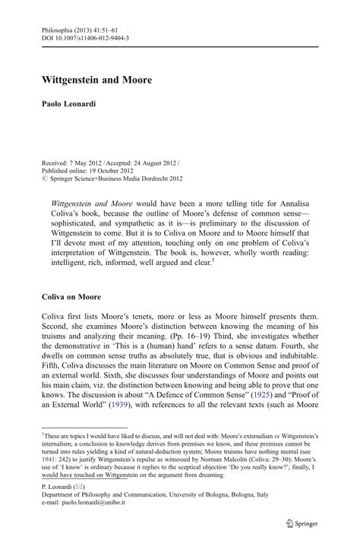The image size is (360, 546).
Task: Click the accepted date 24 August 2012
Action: (149, 142)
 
